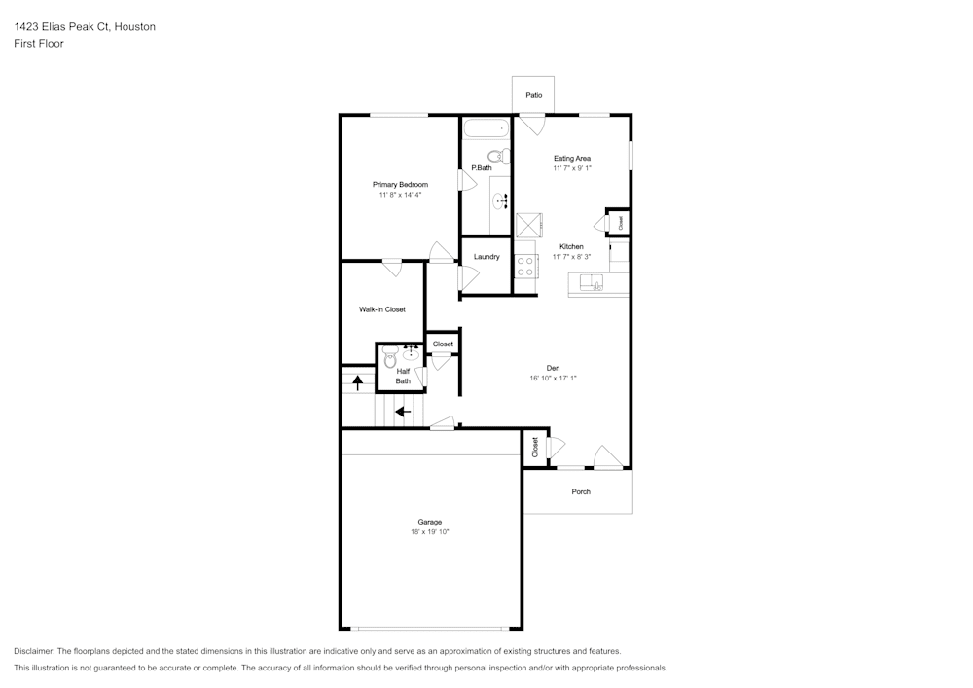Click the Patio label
pos(533,95)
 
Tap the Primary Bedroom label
pos(400,184)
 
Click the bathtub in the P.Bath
pos(487,129)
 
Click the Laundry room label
pos(486,257)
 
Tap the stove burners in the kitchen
pos(525,267)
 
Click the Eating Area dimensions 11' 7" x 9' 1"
pos(572,168)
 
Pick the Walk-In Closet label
pos(382,309)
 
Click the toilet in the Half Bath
pos(390,357)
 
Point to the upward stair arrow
pos(357,382)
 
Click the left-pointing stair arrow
pos(404,412)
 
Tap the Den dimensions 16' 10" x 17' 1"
pos(553,378)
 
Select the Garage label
pos(429,523)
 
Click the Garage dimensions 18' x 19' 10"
pos(429,532)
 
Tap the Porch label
pos(581,492)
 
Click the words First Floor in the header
pos(39,44)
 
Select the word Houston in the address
pos(134,26)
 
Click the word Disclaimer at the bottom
pos(33,651)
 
